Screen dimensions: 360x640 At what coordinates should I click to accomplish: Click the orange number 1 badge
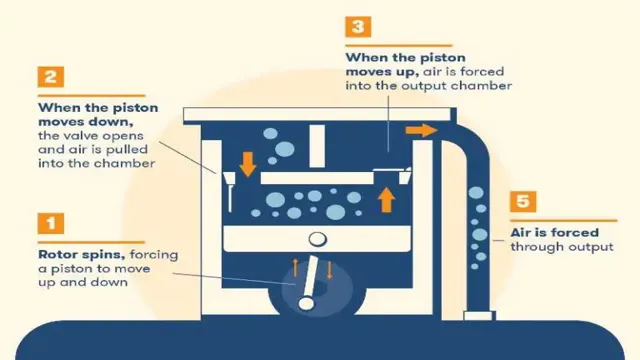tap(51, 223)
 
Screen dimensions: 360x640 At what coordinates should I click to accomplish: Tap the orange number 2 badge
tap(51, 77)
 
